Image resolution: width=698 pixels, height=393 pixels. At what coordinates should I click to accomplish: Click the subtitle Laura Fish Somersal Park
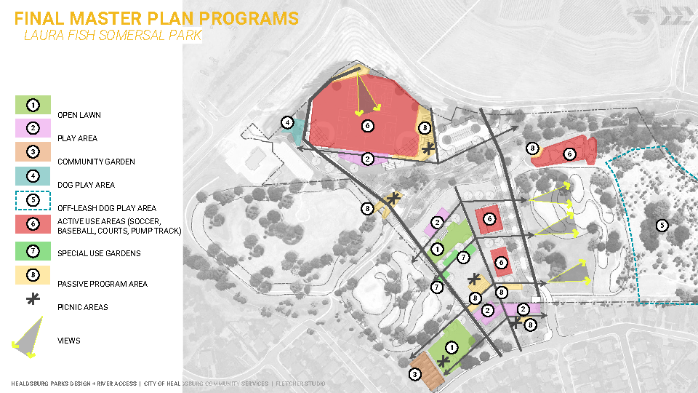point(112,35)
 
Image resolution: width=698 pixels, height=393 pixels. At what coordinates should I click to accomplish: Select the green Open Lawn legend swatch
point(33,105)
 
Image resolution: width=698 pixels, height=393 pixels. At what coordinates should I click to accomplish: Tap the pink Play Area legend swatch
point(33,128)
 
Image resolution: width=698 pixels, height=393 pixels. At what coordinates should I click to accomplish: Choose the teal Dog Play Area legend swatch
point(33,175)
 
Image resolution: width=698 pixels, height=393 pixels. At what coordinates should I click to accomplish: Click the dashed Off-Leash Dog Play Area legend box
point(33,199)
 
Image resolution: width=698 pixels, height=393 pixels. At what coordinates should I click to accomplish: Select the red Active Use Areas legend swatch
point(33,223)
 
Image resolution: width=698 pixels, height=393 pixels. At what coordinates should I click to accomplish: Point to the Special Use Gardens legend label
point(99,253)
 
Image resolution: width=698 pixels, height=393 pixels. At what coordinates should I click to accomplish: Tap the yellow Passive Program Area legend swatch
point(33,275)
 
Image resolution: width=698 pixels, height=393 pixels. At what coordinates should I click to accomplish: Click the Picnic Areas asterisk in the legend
point(33,298)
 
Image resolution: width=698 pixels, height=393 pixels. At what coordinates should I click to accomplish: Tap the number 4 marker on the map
point(288,123)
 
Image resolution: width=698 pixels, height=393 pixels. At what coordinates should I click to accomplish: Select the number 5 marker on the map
point(662,225)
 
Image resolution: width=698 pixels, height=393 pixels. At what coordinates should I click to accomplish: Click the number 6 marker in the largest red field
point(367,125)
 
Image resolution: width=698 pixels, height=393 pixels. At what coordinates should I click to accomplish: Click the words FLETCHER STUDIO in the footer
point(301,384)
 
